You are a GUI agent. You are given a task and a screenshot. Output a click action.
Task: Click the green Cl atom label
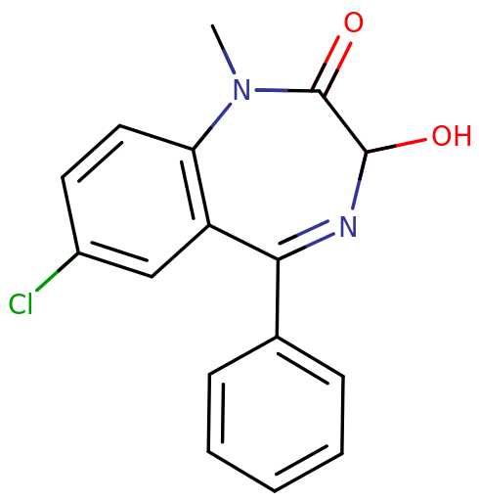coord(21,303)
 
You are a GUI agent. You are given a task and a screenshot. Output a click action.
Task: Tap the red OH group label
coord(452,136)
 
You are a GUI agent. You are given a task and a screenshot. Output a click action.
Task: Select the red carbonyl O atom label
coord(353,23)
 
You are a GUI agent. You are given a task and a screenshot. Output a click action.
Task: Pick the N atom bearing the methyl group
coord(242,90)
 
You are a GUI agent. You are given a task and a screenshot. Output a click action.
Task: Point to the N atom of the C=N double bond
coord(348,226)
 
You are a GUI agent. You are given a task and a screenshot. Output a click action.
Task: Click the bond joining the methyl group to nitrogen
coord(224,49)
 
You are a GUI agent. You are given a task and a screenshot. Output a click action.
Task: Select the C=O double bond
coord(331,66)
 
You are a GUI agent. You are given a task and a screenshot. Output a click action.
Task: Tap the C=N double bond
coord(306,241)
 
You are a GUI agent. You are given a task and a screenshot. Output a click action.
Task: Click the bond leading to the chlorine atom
coord(57,271)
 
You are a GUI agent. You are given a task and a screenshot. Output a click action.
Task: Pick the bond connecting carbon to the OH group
coord(396,146)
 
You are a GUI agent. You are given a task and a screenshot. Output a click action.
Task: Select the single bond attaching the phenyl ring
coord(277,297)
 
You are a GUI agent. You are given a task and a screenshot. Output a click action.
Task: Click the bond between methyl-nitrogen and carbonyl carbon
coord(287,90)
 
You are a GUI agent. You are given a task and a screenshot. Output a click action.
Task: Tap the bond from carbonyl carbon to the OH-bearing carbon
coord(343,121)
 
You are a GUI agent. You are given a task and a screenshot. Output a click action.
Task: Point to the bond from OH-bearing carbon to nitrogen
coord(360,180)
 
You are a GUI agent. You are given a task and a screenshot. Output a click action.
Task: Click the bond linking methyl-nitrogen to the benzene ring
coord(212,126)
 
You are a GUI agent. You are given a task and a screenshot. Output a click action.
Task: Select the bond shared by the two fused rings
coord(200,187)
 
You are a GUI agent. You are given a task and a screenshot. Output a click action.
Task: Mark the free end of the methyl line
coord(212,25)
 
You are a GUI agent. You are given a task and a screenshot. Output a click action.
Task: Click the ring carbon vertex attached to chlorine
coord(78,252)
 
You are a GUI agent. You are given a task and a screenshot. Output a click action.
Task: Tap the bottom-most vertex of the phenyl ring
coord(275,490)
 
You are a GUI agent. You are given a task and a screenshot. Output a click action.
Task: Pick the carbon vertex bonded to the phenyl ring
coord(278,259)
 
